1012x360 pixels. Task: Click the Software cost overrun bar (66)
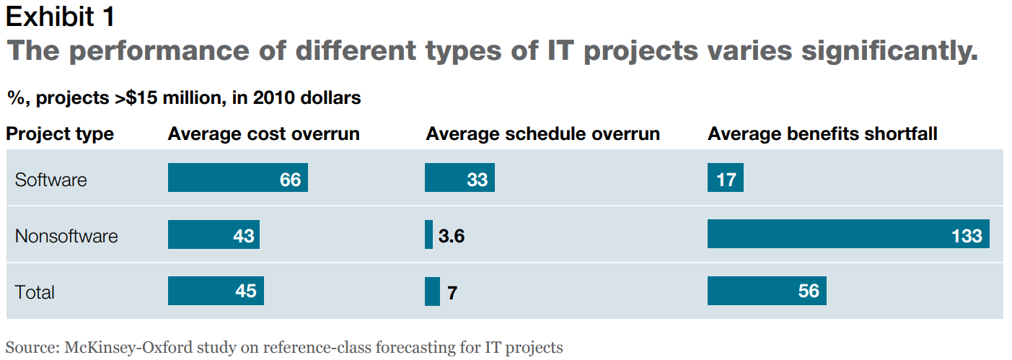coord(237,177)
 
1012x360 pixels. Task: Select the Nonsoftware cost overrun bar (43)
coord(214,234)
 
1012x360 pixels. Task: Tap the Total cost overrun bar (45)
coord(216,291)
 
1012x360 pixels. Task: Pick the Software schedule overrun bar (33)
coord(459,177)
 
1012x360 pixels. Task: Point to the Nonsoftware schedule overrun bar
coord(428,234)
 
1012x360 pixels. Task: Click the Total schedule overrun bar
coord(432,291)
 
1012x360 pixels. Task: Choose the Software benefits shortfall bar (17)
coord(726,177)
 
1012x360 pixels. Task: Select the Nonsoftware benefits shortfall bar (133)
coord(848,234)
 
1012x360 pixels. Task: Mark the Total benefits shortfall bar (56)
coord(767,291)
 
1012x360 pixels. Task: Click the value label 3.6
coord(452,236)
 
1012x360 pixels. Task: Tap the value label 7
coord(452,293)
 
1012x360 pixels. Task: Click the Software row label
coord(50,180)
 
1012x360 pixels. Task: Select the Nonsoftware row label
coord(66,236)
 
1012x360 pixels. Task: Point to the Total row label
coord(35,292)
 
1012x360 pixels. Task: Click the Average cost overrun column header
coord(264,133)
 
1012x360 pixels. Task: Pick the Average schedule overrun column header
coord(542,133)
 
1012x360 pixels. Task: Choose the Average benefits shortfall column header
coord(822,133)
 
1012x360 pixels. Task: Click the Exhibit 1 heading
coord(60,17)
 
